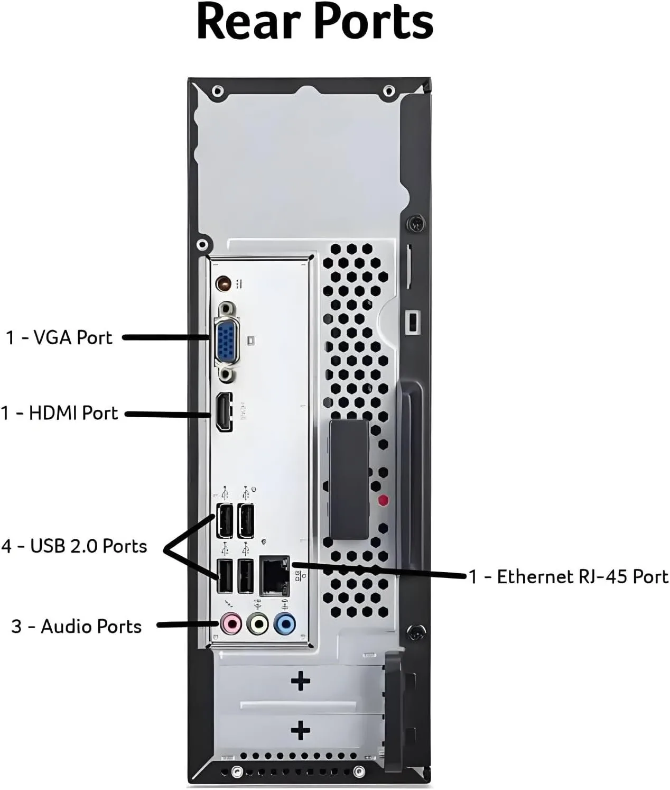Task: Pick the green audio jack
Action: pos(258,624)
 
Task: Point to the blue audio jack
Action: pos(285,624)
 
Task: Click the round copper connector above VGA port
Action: pos(224,284)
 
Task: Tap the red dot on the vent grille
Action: pos(383,500)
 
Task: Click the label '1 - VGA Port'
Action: pos(59,337)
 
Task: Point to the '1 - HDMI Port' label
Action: pos(59,413)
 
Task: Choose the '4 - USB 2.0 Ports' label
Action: pos(74,546)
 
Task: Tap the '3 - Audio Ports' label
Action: pos(77,626)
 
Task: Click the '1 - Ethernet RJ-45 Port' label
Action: pos(569,576)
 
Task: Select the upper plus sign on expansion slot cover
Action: pos(301,681)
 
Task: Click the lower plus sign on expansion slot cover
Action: pos(301,731)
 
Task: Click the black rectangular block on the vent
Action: pos(349,479)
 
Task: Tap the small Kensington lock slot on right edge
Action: pos(412,321)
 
